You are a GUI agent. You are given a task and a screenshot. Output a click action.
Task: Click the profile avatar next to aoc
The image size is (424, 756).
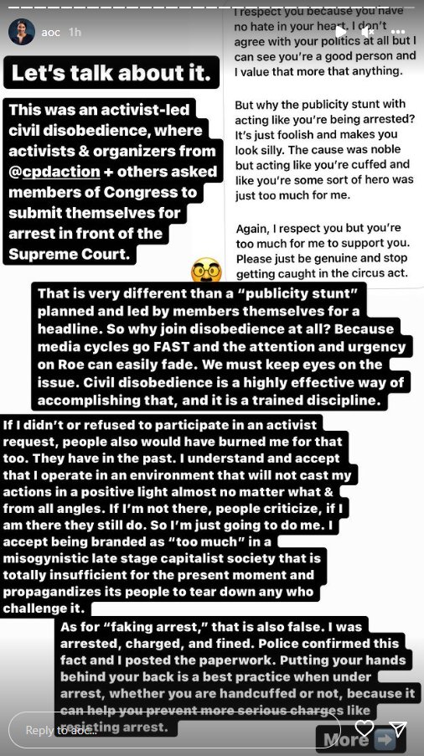tap(21, 32)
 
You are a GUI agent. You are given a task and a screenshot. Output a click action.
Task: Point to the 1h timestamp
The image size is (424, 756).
tap(75, 32)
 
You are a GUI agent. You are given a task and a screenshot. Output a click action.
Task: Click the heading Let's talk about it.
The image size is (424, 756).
tap(114, 74)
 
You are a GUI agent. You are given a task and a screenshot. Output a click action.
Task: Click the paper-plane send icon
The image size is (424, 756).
tap(399, 728)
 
